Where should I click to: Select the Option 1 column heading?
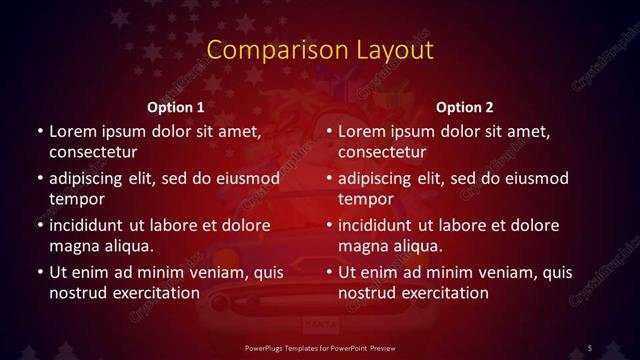(x=176, y=107)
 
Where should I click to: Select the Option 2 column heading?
(x=465, y=107)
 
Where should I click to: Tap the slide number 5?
(x=590, y=346)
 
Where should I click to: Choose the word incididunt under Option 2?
(x=381, y=225)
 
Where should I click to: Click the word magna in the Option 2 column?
(x=363, y=245)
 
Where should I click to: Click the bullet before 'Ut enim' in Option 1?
(x=38, y=272)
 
